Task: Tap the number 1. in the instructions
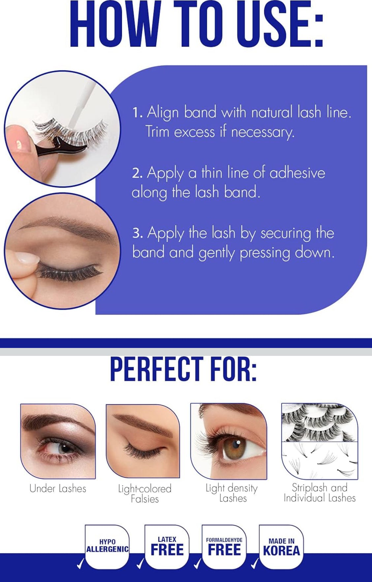pos(137,113)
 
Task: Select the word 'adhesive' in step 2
pos(297,173)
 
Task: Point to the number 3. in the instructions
pos(137,233)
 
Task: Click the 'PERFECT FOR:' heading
pos(183,369)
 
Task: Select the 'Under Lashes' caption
pos(58,489)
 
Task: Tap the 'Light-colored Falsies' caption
pos(145,494)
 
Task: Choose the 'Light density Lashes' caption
pos(232,493)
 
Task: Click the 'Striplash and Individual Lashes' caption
pos(320,493)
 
